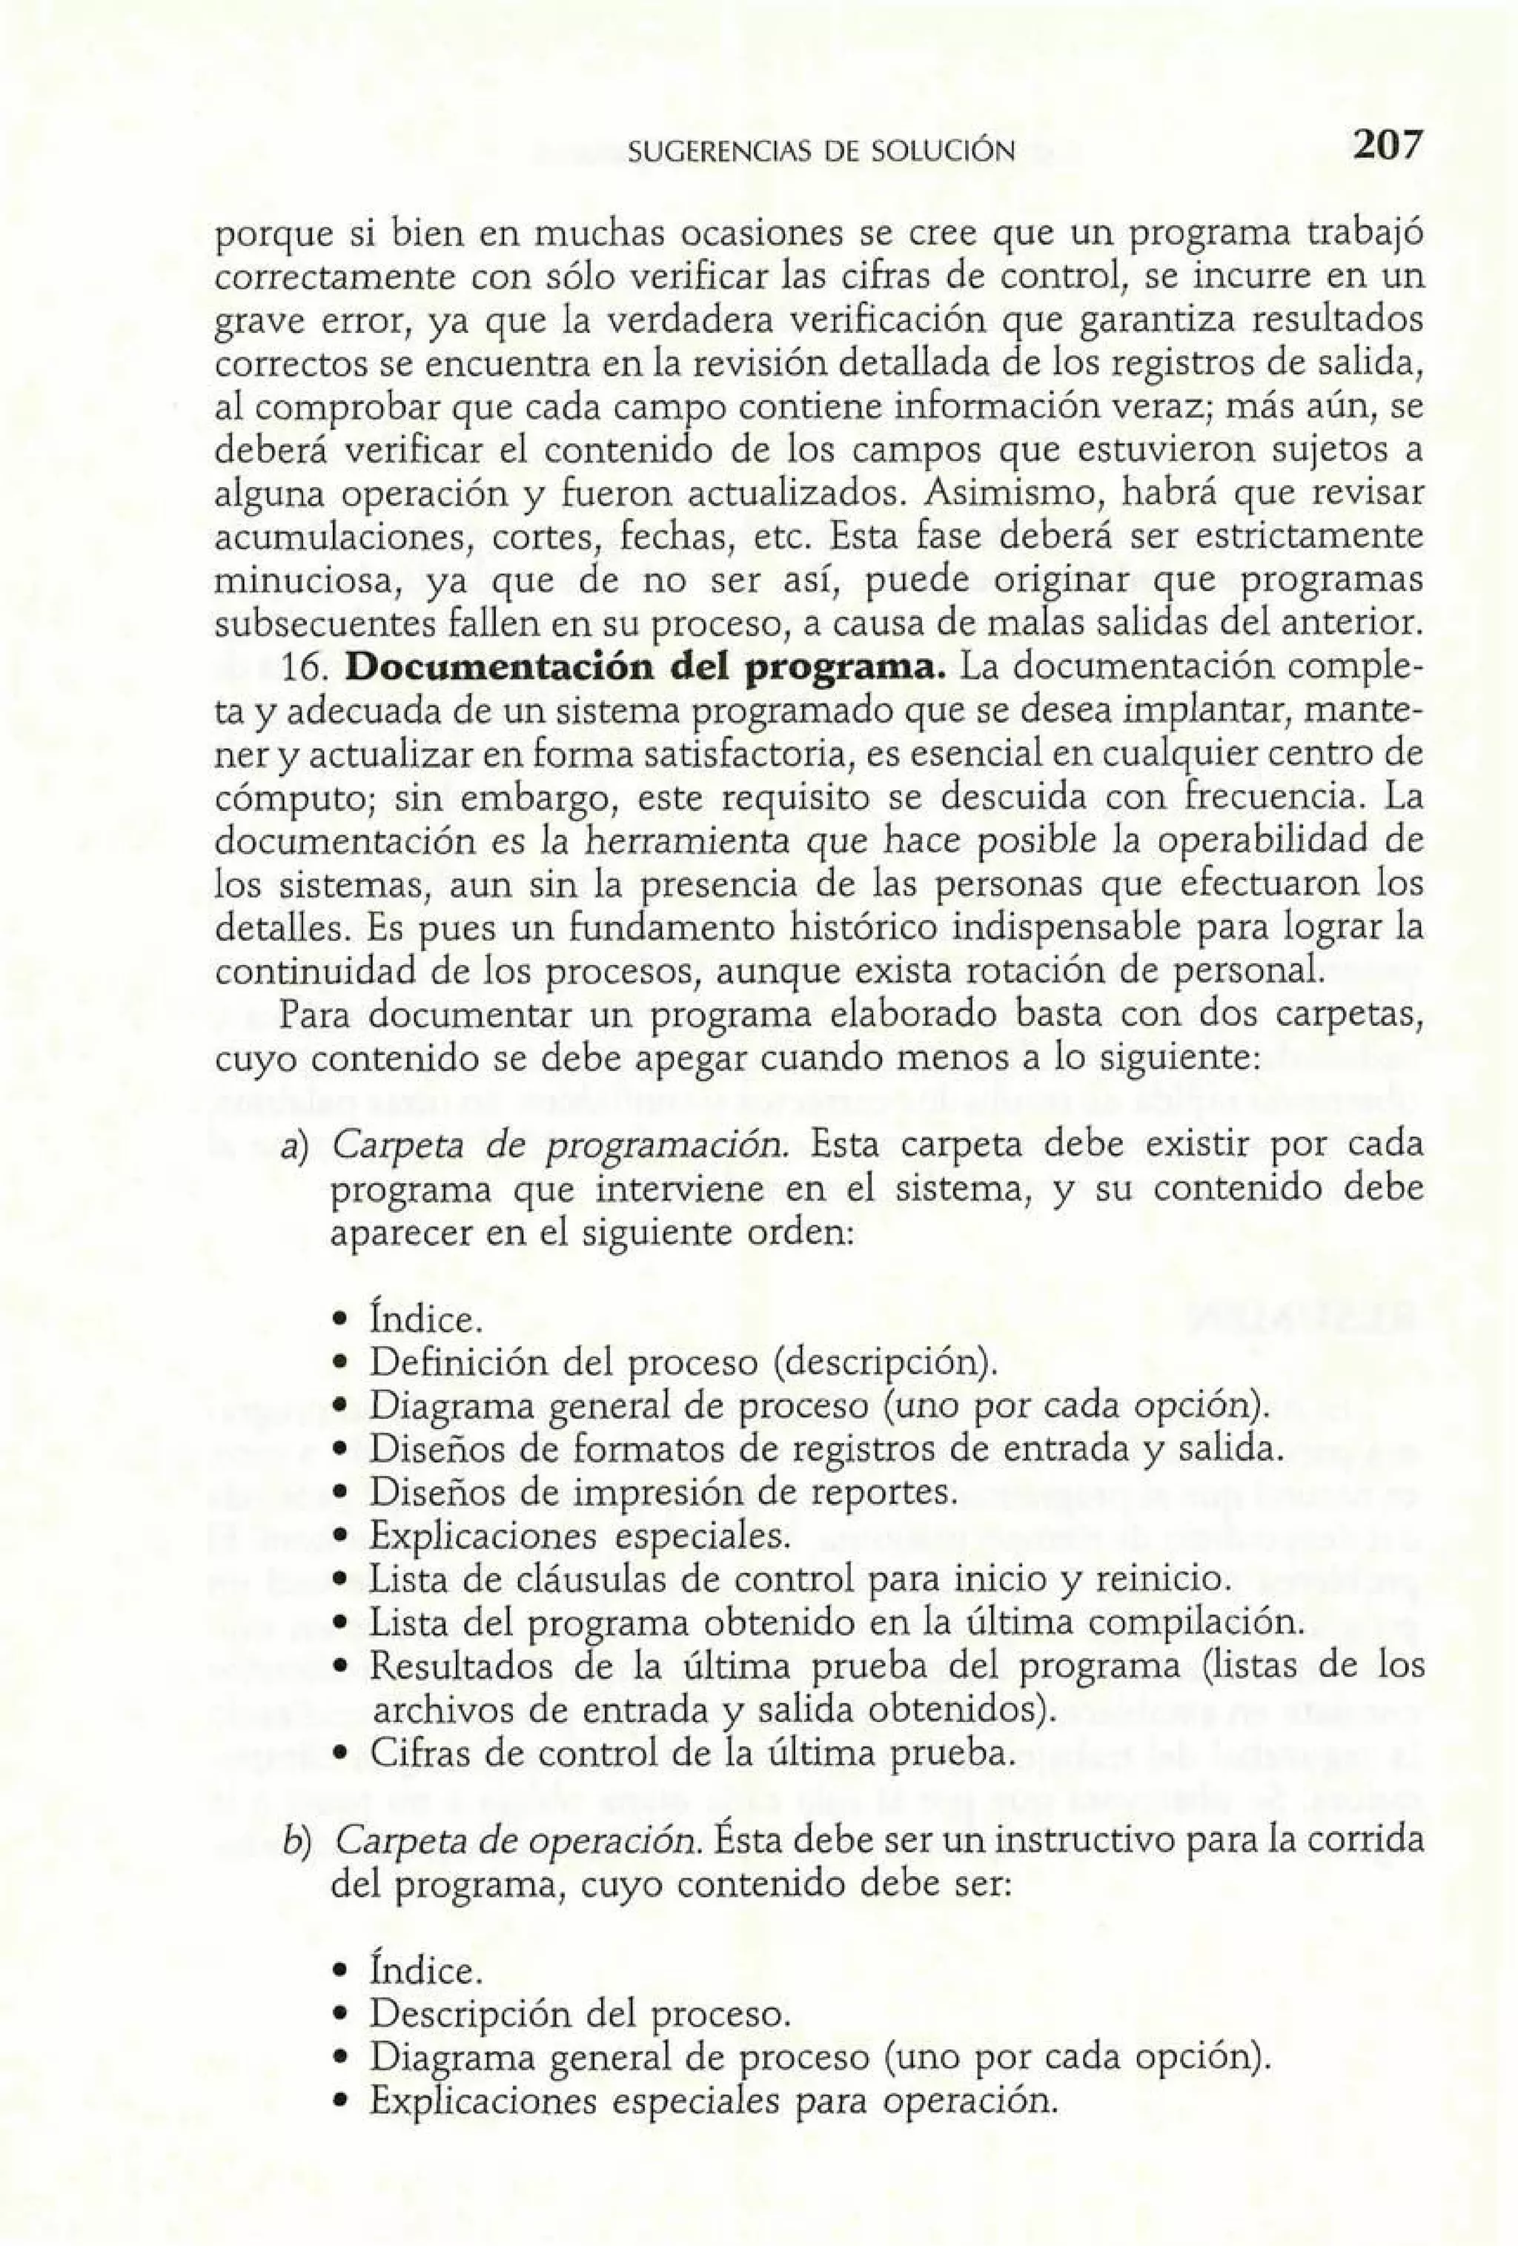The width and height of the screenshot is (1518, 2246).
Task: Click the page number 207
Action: [x=1387, y=147]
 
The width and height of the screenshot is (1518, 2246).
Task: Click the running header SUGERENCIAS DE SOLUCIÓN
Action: [x=821, y=152]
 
